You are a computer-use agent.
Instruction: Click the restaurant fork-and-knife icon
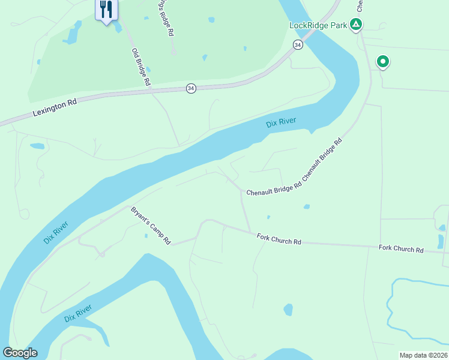[106, 9]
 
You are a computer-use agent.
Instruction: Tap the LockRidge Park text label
[318, 25]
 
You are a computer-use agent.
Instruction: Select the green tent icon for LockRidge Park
[356, 25]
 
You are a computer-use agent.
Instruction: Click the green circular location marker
[382, 61]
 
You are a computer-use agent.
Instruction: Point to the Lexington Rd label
[55, 107]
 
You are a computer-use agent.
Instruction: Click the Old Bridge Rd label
[140, 67]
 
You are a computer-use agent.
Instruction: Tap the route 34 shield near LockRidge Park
[298, 45]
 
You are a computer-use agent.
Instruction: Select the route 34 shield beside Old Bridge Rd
[191, 88]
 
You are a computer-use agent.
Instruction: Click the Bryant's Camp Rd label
[151, 226]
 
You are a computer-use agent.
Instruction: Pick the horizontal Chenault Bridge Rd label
[274, 188]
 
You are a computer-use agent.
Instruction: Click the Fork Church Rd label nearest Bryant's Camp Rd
[279, 239]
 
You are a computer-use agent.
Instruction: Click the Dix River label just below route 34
[281, 124]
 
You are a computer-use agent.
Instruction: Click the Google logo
[20, 353]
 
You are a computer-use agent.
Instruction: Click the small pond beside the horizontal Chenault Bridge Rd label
[307, 207]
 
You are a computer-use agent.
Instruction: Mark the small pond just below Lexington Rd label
[37, 146]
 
